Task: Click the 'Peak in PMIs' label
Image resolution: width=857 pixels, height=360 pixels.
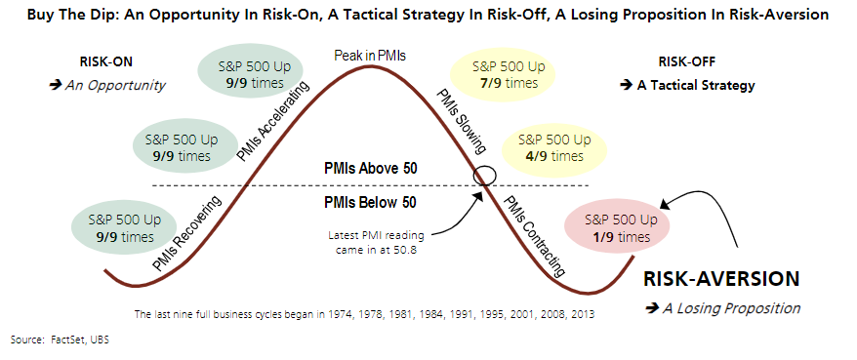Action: (x=370, y=56)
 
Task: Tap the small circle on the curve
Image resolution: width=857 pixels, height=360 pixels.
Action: (x=485, y=177)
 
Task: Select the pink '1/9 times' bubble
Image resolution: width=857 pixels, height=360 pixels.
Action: (x=617, y=229)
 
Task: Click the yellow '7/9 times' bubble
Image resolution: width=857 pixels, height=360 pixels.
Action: (x=501, y=75)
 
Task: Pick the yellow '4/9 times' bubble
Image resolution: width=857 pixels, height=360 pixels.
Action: (x=554, y=148)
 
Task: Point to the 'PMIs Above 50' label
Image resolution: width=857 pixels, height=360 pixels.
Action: (x=371, y=169)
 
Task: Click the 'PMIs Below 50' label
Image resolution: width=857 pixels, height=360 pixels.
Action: (x=370, y=203)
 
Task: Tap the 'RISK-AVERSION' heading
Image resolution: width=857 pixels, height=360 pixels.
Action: (x=721, y=279)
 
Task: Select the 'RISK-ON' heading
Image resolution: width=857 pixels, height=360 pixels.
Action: (x=106, y=61)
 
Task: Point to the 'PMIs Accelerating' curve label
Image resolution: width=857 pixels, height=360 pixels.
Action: (x=272, y=123)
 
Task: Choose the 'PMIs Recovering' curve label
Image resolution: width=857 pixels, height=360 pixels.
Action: (x=187, y=233)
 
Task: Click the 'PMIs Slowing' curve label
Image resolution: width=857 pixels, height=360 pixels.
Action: (x=462, y=120)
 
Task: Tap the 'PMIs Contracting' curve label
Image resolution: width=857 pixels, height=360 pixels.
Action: (x=534, y=236)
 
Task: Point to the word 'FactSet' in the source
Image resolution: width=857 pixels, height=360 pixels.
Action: (x=62, y=340)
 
